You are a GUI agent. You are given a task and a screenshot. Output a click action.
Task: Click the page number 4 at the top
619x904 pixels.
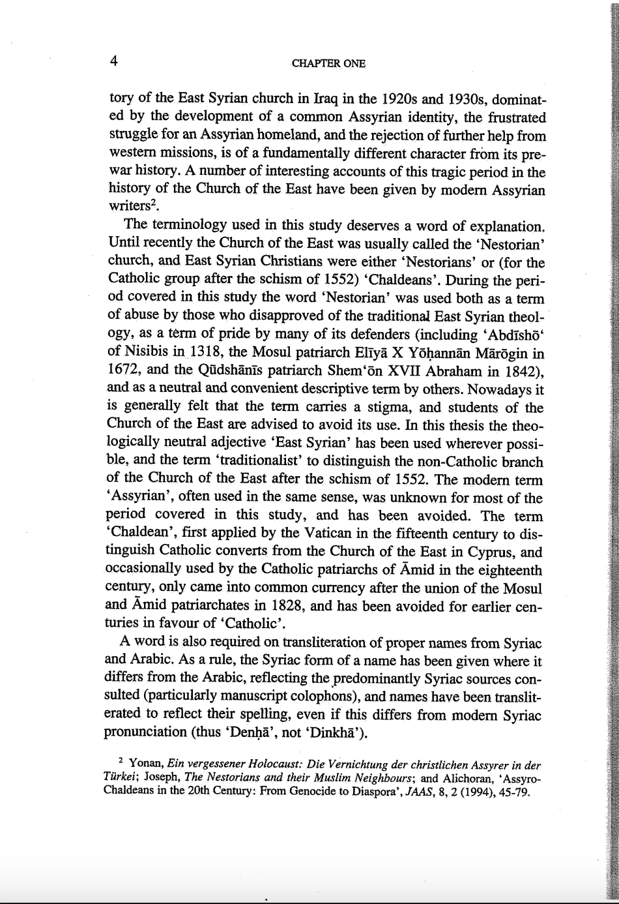pyautogui.click(x=113, y=61)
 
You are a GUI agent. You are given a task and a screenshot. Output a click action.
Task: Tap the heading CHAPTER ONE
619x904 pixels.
pyautogui.click(x=328, y=63)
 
